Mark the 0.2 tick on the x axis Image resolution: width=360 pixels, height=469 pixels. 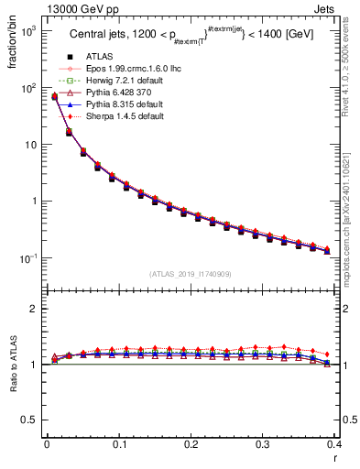click(191, 444)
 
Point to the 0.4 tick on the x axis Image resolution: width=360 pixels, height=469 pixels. click(335, 444)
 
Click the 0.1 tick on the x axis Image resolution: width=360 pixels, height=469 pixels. click(118, 444)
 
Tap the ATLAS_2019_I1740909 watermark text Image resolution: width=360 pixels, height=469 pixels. click(191, 274)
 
